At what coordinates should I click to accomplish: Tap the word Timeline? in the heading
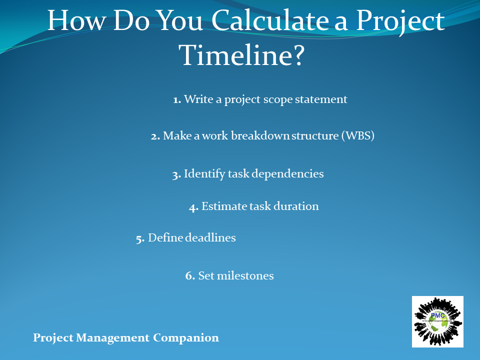[x=242, y=55]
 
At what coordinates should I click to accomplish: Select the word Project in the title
[x=400, y=21]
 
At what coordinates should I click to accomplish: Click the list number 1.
[x=177, y=100]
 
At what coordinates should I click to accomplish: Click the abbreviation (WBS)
[x=358, y=135]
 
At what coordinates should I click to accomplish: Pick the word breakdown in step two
[x=260, y=135]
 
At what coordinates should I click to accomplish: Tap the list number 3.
[x=176, y=174]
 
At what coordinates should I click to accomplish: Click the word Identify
[x=204, y=174]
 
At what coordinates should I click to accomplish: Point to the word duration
[x=296, y=206]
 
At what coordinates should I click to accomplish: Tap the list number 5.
[x=140, y=239]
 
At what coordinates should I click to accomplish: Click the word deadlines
[x=210, y=237]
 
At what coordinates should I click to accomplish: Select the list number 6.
[x=190, y=275]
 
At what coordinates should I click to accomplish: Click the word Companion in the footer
[x=186, y=338]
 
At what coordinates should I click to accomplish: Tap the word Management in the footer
[x=113, y=338]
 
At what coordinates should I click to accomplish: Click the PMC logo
[x=437, y=321]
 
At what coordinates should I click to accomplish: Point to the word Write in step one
[x=198, y=99]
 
